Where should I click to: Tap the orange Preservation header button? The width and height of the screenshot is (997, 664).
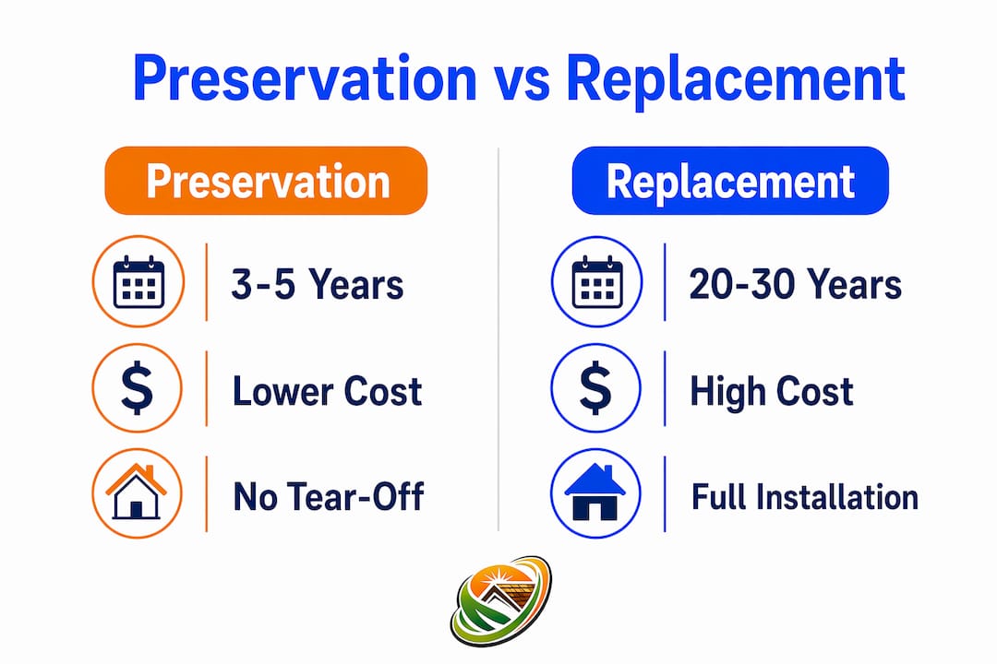point(266,181)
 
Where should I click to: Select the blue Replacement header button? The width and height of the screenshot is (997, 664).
point(730,181)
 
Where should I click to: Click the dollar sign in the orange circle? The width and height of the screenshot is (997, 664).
point(138,388)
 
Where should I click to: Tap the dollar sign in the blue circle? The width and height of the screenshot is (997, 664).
point(595,388)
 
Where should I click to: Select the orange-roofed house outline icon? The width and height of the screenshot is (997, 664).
point(136,492)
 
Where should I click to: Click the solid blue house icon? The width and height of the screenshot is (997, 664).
point(595,492)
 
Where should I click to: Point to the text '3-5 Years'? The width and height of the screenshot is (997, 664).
point(318,284)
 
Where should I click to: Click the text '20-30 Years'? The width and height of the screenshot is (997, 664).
point(796,284)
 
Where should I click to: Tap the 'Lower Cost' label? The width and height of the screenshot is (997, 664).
point(328,391)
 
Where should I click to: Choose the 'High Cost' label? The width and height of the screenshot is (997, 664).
point(771,391)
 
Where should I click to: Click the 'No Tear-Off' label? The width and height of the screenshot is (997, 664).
point(328,496)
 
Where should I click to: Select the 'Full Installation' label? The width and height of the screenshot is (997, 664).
point(805,497)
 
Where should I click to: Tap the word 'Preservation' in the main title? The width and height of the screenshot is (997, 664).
point(306,79)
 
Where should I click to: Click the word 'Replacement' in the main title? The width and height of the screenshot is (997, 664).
point(736,81)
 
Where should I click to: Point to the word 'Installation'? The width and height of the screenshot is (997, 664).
point(835,497)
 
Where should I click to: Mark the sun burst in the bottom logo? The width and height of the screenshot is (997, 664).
point(494,577)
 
